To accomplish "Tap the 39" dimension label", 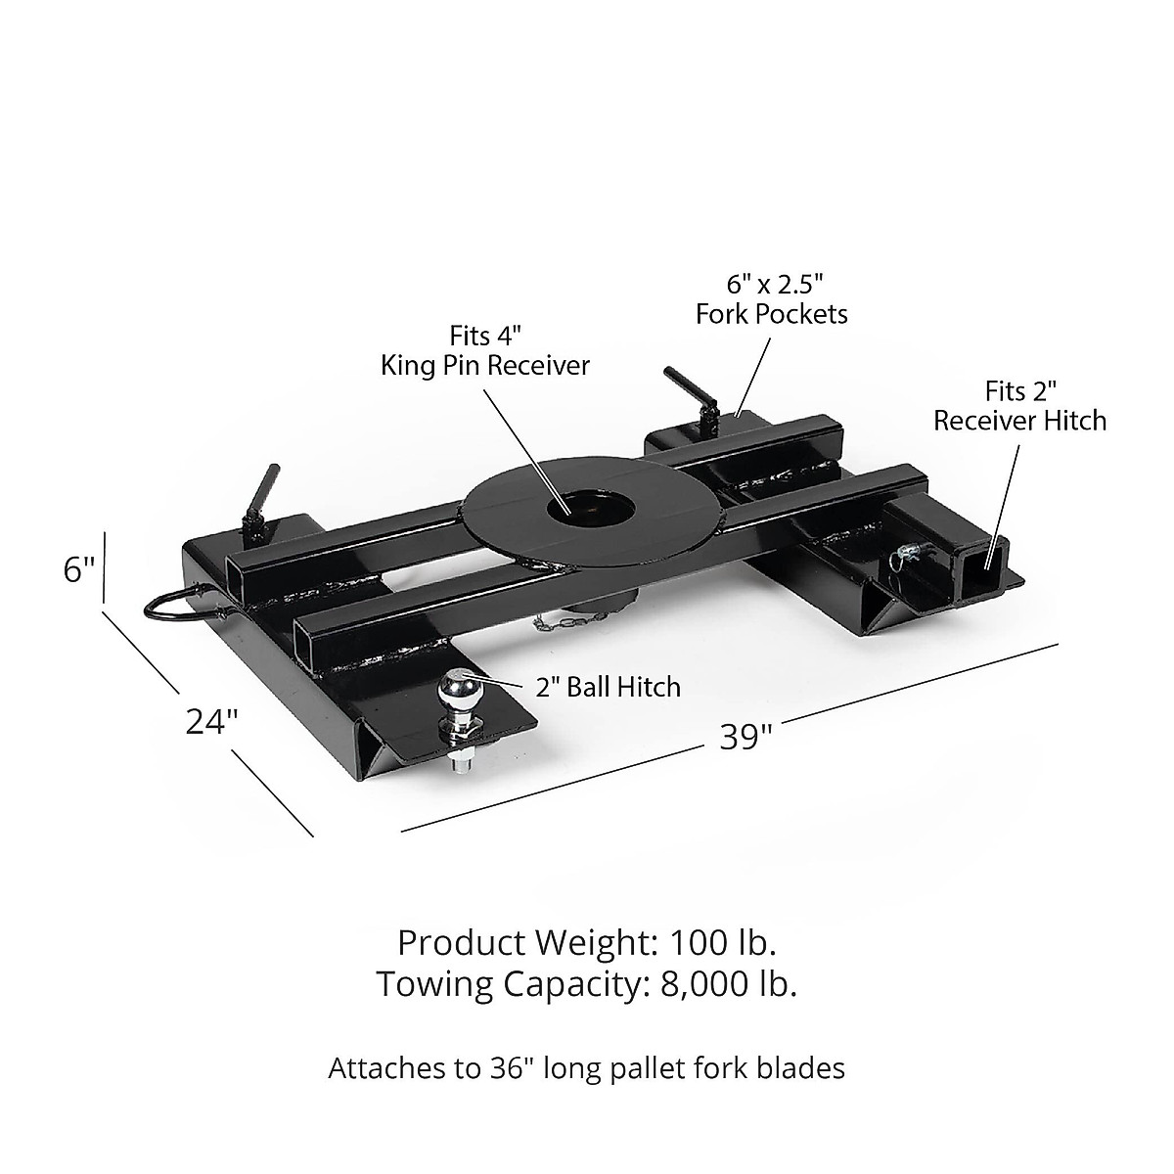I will coord(740,737).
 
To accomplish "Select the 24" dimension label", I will coord(212,721).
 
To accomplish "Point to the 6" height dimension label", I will coord(79,569).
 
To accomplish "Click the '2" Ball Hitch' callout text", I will coord(608,686).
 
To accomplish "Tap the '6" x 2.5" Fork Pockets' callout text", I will coord(771,298).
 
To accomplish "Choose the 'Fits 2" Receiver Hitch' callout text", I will coord(1019,406).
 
